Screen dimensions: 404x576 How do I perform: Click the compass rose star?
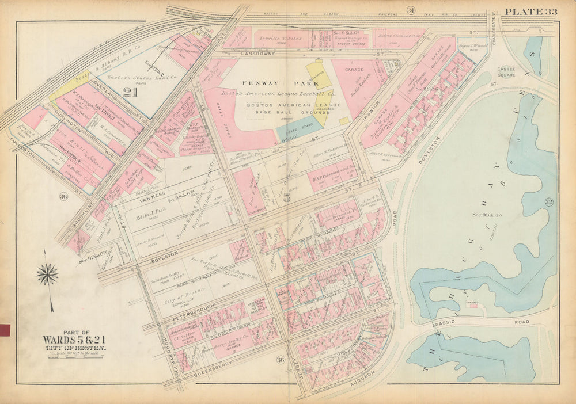pyautogui.click(x=47, y=274)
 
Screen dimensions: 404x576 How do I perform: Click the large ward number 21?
pyautogui.click(x=130, y=93)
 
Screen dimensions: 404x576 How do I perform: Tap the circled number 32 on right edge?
pyautogui.click(x=549, y=201)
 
